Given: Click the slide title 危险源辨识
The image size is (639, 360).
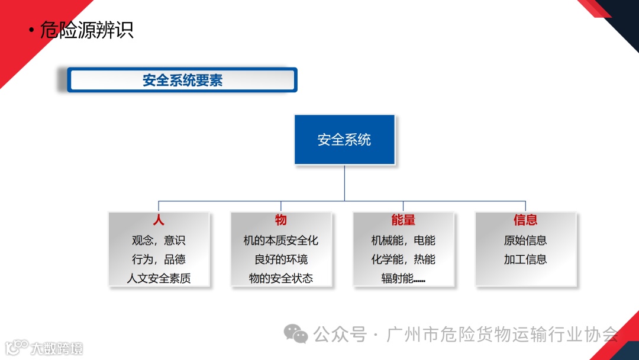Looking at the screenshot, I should (86, 30).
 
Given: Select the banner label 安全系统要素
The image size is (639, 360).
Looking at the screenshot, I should (182, 80).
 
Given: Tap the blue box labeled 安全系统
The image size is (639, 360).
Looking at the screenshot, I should (344, 140).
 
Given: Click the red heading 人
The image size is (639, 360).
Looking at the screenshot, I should (159, 220).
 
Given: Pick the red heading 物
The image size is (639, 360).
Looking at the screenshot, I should (281, 220).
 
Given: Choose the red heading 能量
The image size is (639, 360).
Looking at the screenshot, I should (404, 220).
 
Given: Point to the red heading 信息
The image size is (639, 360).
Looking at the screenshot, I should (525, 220).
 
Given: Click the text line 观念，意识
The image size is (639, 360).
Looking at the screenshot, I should (159, 240).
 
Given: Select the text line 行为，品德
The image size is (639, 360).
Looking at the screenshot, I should (159, 259).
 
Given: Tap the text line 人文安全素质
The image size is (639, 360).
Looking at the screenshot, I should (159, 278).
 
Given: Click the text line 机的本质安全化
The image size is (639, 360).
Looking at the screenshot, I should (281, 240).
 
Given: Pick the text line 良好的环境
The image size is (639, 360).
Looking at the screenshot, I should (281, 259).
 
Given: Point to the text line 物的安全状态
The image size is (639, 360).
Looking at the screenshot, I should (281, 278).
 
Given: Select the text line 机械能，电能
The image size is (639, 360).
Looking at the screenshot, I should (404, 240).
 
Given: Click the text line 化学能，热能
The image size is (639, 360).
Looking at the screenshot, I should (404, 259).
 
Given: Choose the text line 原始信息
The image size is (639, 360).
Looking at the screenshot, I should (525, 240).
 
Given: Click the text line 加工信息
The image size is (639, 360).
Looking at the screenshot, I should (525, 259).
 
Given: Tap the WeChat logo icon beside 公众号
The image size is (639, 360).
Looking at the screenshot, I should (296, 334).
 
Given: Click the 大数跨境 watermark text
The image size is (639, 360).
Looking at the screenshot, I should (57, 348).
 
